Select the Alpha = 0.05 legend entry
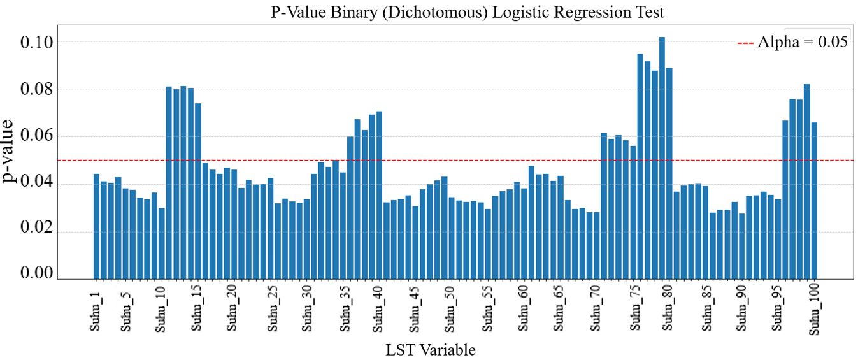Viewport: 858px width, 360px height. pos(792,42)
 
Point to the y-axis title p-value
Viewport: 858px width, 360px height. pos(11,152)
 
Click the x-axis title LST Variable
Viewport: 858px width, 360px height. pos(431,350)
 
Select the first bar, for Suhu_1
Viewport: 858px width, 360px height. pos(97,226)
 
